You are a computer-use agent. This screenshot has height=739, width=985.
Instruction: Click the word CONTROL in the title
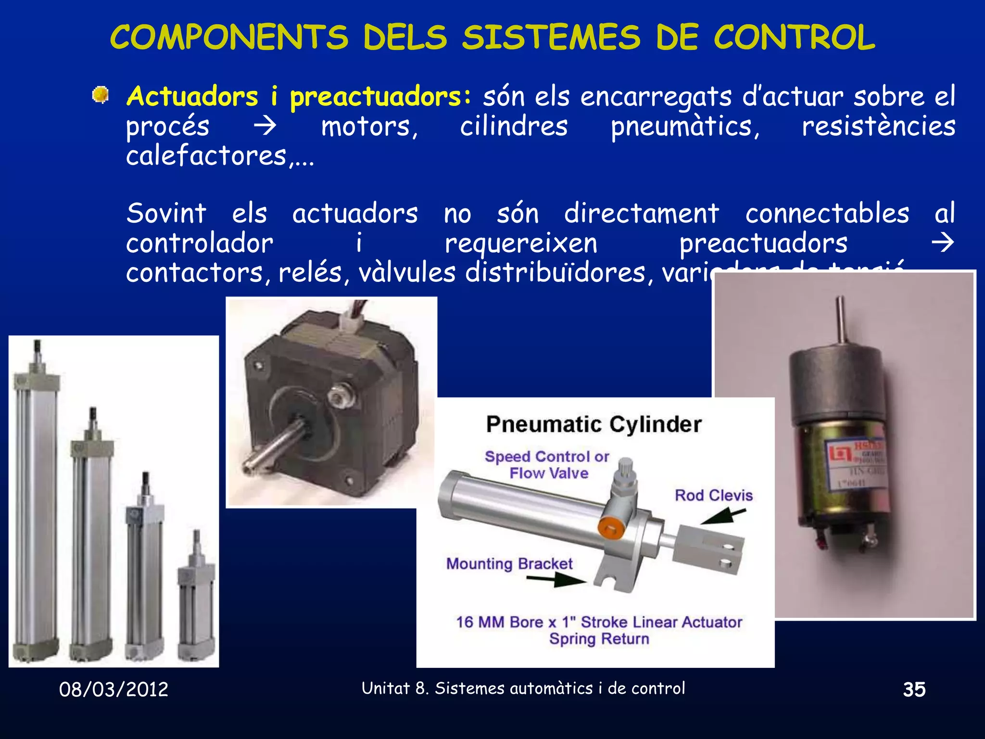pyautogui.click(x=794, y=37)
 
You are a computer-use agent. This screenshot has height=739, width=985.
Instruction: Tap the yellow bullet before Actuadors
pyautogui.click(x=100, y=94)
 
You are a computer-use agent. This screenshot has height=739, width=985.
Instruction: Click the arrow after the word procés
pyautogui.click(x=265, y=126)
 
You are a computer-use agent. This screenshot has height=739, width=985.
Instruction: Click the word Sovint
pyautogui.click(x=166, y=213)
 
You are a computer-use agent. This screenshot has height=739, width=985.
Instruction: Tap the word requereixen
pyautogui.click(x=521, y=243)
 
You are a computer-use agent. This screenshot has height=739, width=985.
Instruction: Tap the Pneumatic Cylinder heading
pyautogui.click(x=594, y=424)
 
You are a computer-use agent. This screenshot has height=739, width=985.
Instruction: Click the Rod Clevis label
pyautogui.click(x=713, y=495)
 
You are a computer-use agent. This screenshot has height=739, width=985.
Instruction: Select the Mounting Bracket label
pyautogui.click(x=509, y=563)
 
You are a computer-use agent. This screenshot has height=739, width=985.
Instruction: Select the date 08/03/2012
pyautogui.click(x=114, y=689)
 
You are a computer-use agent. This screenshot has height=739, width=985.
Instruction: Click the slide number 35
pyautogui.click(x=914, y=689)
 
